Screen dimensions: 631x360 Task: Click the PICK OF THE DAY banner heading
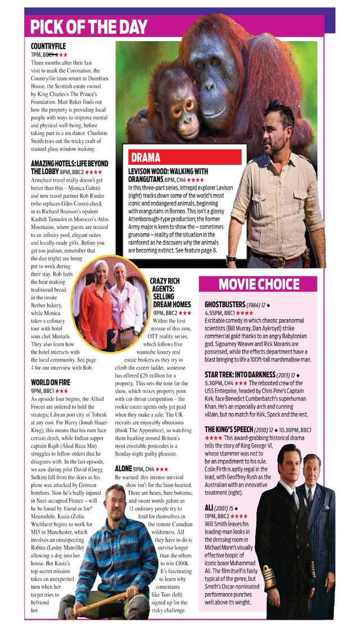click(88, 26)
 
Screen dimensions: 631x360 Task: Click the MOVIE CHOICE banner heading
click(259, 284)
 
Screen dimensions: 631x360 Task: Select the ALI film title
click(209, 509)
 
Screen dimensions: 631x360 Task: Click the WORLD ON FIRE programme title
click(51, 383)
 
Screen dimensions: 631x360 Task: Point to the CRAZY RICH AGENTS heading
click(170, 292)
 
